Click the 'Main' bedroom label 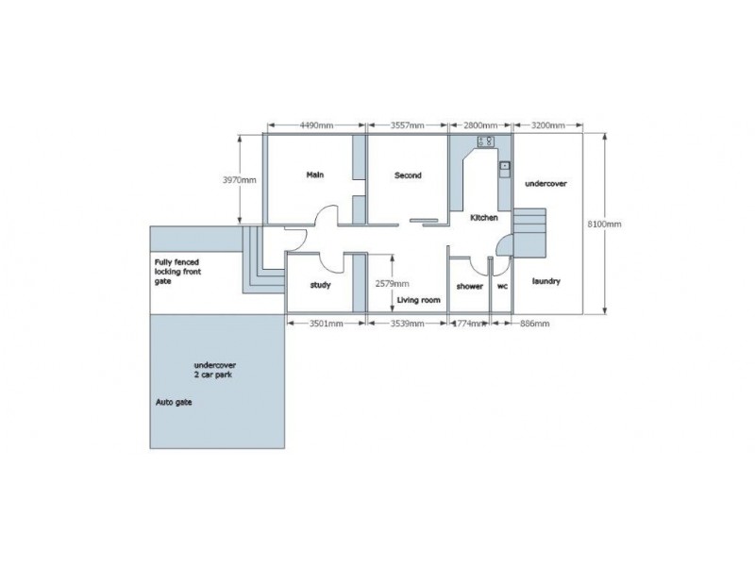(315, 175)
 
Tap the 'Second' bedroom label (408, 175)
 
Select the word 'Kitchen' (484, 218)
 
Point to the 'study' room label (320, 286)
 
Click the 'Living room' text (419, 300)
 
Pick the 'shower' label (469, 286)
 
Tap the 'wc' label (502, 286)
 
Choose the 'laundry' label (546, 280)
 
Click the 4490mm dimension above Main (314, 125)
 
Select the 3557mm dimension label (408, 125)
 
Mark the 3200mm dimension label (548, 125)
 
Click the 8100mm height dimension (604, 224)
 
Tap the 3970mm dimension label (240, 179)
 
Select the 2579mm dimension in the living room (392, 283)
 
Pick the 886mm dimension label (534, 323)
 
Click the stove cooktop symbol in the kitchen (486, 141)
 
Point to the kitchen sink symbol (504, 164)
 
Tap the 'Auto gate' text (172, 401)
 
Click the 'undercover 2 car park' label (214, 369)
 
